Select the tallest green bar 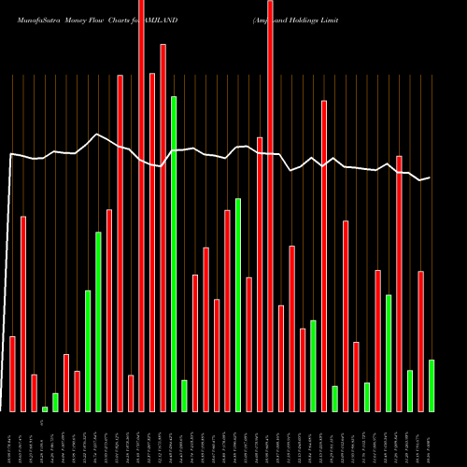coord(174,252)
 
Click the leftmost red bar coord(13,374)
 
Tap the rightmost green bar coord(432,385)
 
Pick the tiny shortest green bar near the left coord(45,408)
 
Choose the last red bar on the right coord(420,341)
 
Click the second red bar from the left coord(23,314)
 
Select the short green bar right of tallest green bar coord(184,395)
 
